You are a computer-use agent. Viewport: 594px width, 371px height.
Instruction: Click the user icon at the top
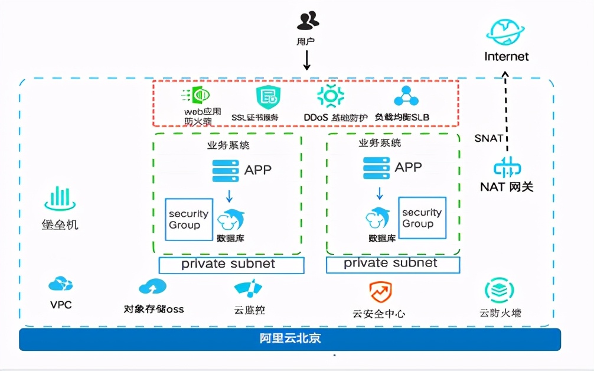click(x=307, y=21)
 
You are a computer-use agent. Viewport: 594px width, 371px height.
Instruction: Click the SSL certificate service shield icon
click(x=266, y=96)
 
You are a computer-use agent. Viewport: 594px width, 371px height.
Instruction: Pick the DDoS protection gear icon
click(x=330, y=96)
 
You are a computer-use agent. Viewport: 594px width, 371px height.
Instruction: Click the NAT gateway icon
click(x=506, y=168)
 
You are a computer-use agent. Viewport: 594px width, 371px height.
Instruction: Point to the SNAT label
click(x=488, y=138)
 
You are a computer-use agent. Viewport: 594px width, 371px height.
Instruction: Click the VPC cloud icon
click(x=60, y=285)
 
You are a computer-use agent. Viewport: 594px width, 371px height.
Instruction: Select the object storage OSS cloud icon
click(x=152, y=287)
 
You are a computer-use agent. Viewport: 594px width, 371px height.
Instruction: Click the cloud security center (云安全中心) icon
click(x=379, y=292)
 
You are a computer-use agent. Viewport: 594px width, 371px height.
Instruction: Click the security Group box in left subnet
click(x=189, y=219)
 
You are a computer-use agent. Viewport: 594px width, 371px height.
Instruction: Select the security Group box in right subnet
click(x=422, y=218)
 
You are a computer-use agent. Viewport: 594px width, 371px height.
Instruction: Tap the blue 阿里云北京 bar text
click(x=290, y=339)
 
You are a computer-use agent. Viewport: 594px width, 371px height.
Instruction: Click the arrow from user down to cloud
click(x=307, y=60)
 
